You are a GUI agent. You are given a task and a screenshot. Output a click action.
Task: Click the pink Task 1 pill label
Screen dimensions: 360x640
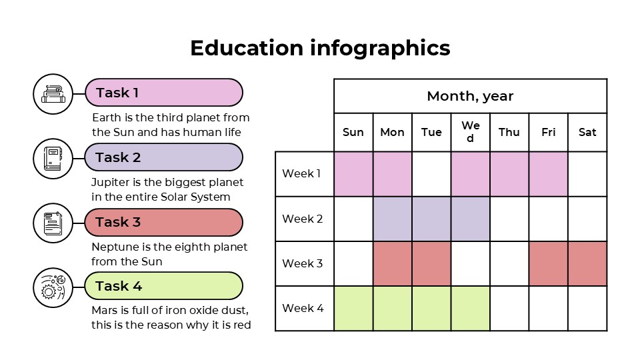(163, 93)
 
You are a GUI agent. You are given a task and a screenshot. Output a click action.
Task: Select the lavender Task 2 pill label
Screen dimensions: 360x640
(163, 157)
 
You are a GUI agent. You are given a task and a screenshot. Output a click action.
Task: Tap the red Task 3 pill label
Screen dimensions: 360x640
(163, 222)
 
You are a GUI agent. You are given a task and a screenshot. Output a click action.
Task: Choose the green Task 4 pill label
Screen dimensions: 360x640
(163, 286)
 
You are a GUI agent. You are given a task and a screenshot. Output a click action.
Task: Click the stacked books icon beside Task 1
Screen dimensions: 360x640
(53, 93)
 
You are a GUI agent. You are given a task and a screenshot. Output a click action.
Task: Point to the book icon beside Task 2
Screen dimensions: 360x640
(53, 158)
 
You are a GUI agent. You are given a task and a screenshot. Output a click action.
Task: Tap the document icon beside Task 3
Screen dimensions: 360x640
(53, 223)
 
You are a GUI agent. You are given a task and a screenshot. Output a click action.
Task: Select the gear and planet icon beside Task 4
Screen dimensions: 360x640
(53, 287)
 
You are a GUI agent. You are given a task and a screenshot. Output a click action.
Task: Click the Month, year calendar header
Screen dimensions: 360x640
(470, 96)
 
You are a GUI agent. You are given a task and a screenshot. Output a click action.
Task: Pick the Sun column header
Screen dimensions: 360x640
(353, 132)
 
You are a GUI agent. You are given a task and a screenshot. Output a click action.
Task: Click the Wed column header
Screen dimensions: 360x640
(470, 132)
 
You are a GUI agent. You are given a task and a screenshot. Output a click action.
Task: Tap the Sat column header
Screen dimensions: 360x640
(587, 132)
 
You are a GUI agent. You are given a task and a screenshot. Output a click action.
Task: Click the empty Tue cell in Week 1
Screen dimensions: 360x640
(431, 174)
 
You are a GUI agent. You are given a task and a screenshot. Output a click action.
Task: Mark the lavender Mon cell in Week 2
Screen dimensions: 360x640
(392, 219)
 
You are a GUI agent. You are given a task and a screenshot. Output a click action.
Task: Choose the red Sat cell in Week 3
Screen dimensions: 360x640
(587, 263)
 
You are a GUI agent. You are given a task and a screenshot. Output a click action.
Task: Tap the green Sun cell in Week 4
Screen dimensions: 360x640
(353, 308)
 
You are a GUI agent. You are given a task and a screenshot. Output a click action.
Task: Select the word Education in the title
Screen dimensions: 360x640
(246, 48)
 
